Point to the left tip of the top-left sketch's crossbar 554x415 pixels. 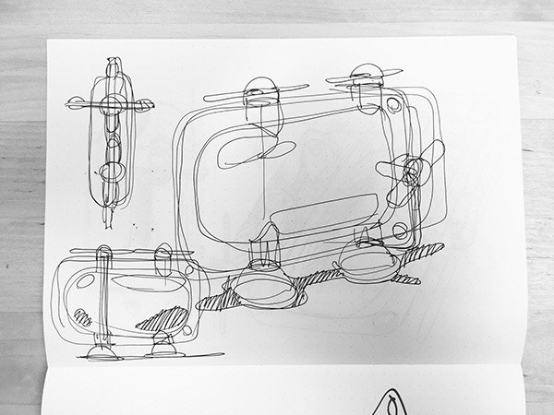pos(69,102)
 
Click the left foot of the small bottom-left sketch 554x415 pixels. pos(100,349)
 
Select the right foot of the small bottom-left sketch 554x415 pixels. pos(165,345)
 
